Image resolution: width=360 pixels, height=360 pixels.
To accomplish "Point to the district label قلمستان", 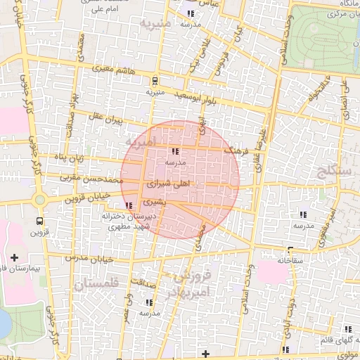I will [x=97, y=283].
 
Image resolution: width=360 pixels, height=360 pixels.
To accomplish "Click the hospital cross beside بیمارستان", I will [x=15, y=258].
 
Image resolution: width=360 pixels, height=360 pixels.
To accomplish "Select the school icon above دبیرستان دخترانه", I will [x=127, y=205].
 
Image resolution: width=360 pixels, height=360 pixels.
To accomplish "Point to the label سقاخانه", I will [x=290, y=259].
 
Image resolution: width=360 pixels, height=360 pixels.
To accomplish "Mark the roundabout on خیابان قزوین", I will [x=39, y=200].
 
